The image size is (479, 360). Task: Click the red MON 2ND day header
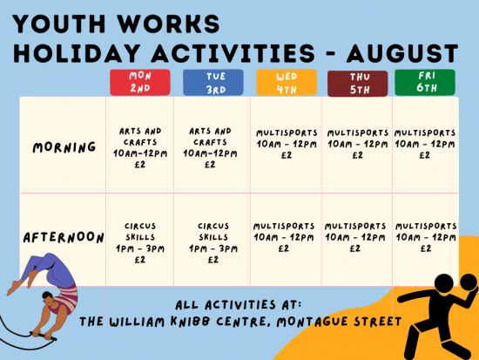point(140,83)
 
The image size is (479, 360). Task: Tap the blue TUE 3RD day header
point(213,83)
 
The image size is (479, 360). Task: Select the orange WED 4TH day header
point(287,83)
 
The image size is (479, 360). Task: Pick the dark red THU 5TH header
point(357,84)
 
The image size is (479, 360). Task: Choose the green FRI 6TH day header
point(425,82)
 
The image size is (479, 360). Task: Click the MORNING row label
point(64,147)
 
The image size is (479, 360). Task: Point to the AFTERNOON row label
point(64,238)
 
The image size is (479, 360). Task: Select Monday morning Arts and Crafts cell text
point(140,148)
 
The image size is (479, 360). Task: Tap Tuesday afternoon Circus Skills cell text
point(213,243)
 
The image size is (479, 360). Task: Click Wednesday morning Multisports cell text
point(287,144)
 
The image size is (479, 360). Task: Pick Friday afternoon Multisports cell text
point(426,237)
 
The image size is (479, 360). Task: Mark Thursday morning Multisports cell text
point(358,144)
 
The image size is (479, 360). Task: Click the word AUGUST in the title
point(402,53)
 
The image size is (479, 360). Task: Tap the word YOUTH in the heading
point(59,24)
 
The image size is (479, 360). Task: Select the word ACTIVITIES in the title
point(233,53)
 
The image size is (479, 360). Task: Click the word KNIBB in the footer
point(191,321)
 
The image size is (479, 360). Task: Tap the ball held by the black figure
point(469,282)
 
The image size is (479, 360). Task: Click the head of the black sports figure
point(444,284)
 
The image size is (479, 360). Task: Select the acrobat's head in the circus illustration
point(47,297)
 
